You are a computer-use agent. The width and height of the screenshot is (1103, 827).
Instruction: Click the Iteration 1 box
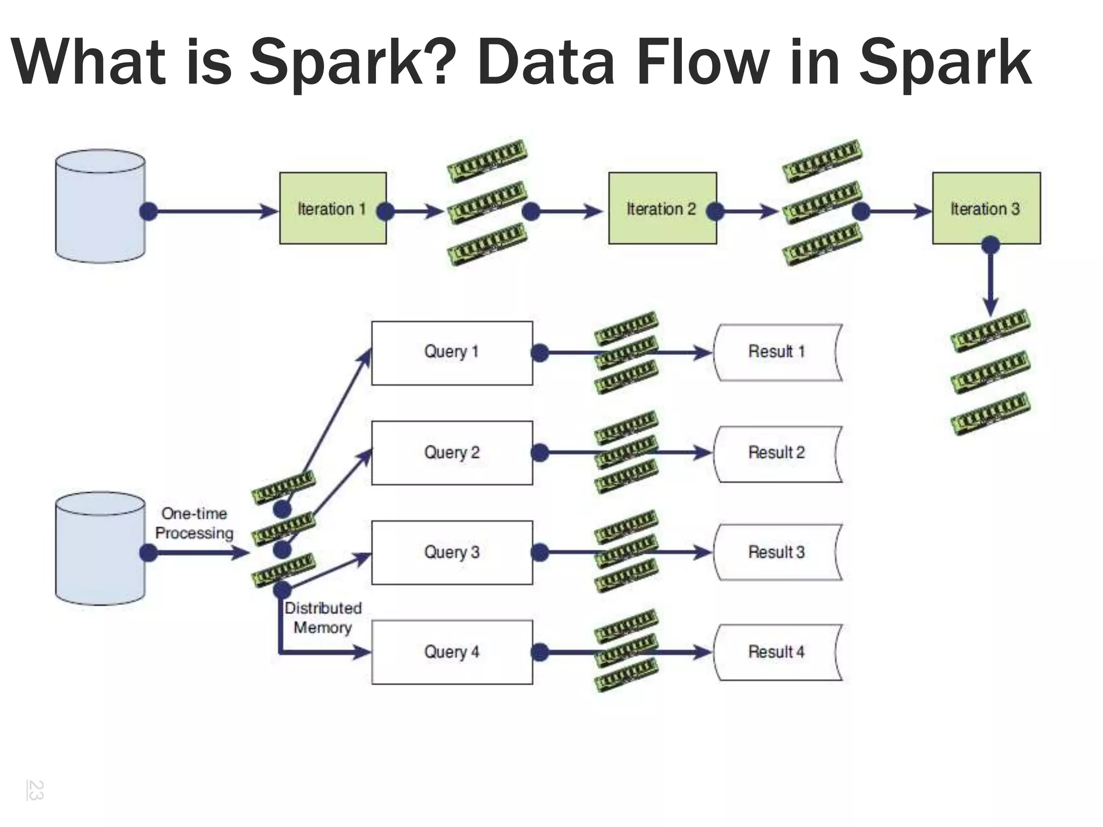click(x=332, y=208)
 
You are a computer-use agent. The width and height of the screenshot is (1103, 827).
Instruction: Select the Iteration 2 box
click(x=662, y=208)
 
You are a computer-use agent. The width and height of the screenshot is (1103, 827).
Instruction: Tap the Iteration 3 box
click(x=986, y=208)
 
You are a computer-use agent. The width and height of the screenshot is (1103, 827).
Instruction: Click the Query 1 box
click(x=452, y=353)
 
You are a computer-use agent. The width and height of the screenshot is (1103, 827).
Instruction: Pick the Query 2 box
click(x=452, y=453)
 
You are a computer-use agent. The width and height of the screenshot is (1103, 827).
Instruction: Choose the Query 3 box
click(x=452, y=552)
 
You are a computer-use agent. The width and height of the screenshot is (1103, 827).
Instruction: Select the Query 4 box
click(x=452, y=652)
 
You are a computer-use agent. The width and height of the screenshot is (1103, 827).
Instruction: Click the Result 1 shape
click(x=777, y=352)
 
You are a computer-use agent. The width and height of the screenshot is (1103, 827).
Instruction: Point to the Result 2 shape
click(x=777, y=453)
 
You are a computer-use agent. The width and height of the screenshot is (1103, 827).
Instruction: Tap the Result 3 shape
click(x=777, y=552)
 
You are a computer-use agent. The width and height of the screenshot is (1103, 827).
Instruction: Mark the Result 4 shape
click(x=777, y=652)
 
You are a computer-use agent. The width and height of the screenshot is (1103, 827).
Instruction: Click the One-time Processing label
click(x=194, y=523)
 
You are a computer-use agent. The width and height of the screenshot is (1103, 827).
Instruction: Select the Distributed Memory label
click(x=323, y=618)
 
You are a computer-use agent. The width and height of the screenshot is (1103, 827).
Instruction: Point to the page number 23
click(x=36, y=790)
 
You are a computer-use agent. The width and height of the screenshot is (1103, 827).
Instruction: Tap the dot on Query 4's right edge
click(x=540, y=653)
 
